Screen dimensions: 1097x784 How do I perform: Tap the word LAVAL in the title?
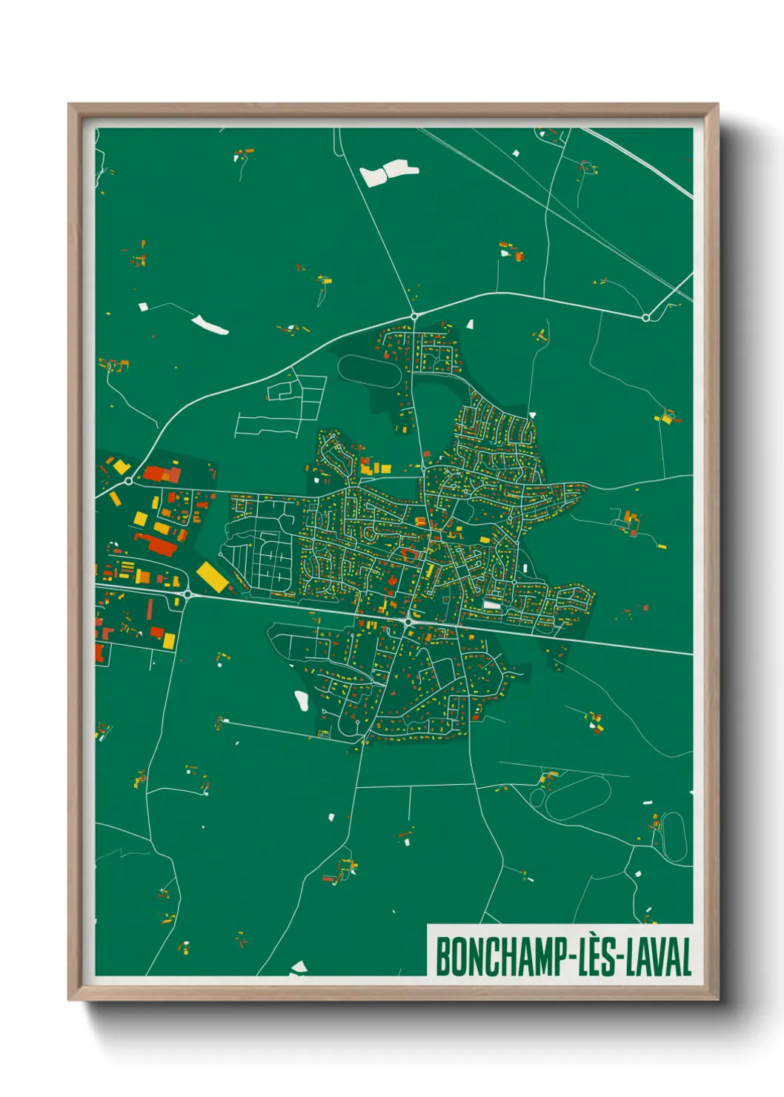(x=659, y=957)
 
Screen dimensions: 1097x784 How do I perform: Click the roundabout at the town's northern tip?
(x=414, y=316)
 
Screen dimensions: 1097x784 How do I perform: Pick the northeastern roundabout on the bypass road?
(x=645, y=317)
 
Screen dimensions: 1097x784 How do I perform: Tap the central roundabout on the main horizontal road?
(x=408, y=621)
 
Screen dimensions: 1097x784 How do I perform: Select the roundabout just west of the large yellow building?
(x=187, y=594)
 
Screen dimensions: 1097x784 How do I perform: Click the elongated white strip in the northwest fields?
(x=210, y=325)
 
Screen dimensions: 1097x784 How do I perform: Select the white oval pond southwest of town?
(x=302, y=700)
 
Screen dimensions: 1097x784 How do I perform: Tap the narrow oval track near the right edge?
(x=673, y=836)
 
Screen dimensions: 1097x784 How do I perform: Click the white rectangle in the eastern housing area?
(x=492, y=605)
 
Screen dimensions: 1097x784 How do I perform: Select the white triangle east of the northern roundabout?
(x=470, y=323)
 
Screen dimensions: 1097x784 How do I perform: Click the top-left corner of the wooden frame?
(x=70, y=105)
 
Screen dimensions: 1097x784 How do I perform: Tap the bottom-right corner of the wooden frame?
(x=717, y=998)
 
